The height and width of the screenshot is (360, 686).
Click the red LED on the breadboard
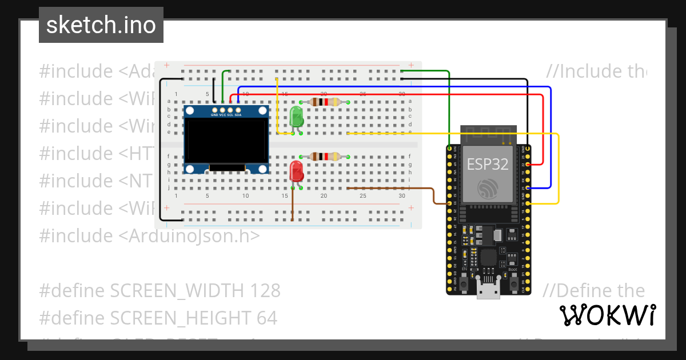(x=296, y=171)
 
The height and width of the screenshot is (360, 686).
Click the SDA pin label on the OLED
(x=238, y=115)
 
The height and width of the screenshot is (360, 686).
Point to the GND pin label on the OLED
(x=214, y=115)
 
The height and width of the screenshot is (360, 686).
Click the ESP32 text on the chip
(x=488, y=165)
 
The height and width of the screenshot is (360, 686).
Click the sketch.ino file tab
(x=101, y=25)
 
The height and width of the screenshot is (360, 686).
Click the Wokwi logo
(x=607, y=315)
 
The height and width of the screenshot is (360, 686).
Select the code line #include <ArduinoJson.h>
(x=149, y=235)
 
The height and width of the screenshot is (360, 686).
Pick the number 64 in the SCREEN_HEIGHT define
(x=266, y=318)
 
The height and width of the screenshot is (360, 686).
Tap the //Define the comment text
(x=593, y=290)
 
